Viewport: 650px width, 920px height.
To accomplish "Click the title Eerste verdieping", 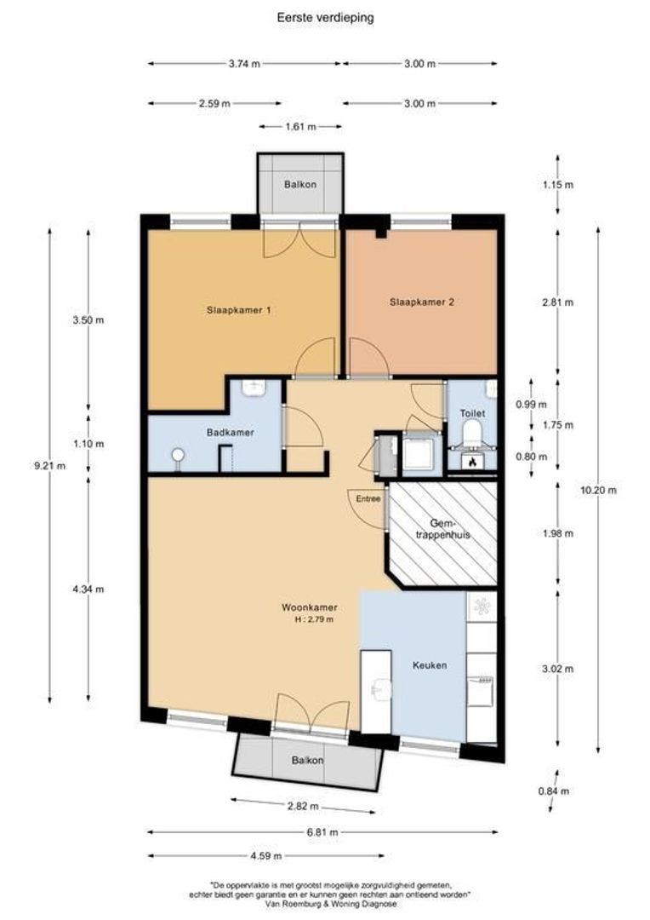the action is pyautogui.click(x=325, y=18).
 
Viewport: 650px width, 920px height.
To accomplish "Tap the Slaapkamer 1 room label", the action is pyautogui.click(x=238, y=310).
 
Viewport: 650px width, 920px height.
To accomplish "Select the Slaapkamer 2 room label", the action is pyautogui.click(x=422, y=302).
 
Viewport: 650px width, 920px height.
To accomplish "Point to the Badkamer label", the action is pyautogui.click(x=231, y=433).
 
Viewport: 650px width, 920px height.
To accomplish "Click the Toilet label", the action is pyautogui.click(x=472, y=413).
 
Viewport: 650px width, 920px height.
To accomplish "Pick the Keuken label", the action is pyautogui.click(x=430, y=665).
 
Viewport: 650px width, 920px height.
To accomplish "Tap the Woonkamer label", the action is pyautogui.click(x=310, y=608).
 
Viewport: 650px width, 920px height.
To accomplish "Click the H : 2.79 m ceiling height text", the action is pyautogui.click(x=316, y=619).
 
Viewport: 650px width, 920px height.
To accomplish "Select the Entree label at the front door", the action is pyautogui.click(x=368, y=498).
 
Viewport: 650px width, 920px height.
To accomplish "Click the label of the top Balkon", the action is pyautogui.click(x=300, y=184).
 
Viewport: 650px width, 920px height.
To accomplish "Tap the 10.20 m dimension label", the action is pyautogui.click(x=598, y=490).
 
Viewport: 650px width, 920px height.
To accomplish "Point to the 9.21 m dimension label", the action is pyautogui.click(x=50, y=466).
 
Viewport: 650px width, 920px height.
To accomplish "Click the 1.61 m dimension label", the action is pyautogui.click(x=300, y=126).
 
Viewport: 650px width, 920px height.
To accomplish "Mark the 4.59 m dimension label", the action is pyautogui.click(x=266, y=855).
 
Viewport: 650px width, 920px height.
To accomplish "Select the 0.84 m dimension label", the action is pyautogui.click(x=554, y=791).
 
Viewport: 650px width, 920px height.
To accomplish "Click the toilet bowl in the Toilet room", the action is pyautogui.click(x=472, y=433).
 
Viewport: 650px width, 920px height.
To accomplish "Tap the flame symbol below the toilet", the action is pyautogui.click(x=472, y=463).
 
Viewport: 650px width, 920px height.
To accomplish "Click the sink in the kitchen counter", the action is pyautogui.click(x=381, y=690).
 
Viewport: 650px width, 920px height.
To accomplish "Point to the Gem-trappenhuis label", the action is pyautogui.click(x=443, y=529).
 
